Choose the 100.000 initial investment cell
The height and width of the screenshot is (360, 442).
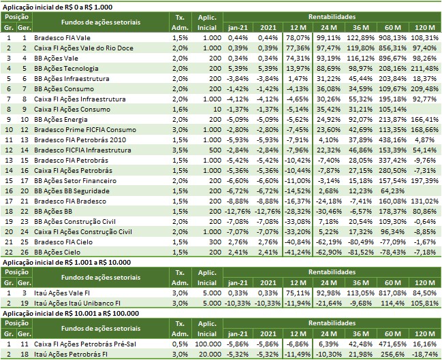(203, 343)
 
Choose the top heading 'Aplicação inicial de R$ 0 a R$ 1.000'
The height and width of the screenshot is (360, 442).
(67, 5)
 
